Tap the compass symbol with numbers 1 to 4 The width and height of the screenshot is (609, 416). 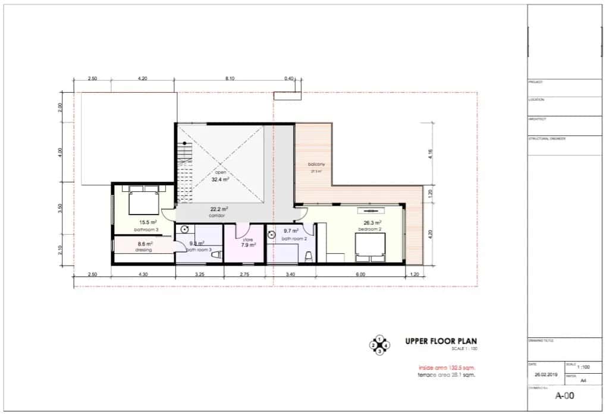(379, 345)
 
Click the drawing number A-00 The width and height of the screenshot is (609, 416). (563, 395)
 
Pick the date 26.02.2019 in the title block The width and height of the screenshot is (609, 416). (546, 375)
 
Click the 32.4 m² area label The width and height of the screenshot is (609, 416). (221, 178)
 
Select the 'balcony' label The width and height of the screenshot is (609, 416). (315, 165)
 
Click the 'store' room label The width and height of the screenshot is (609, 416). (248, 239)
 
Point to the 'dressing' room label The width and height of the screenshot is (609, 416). (143, 250)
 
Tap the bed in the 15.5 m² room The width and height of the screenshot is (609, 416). (142, 201)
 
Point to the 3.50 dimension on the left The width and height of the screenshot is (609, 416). (60, 209)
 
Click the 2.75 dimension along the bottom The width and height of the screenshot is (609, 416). (244, 275)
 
